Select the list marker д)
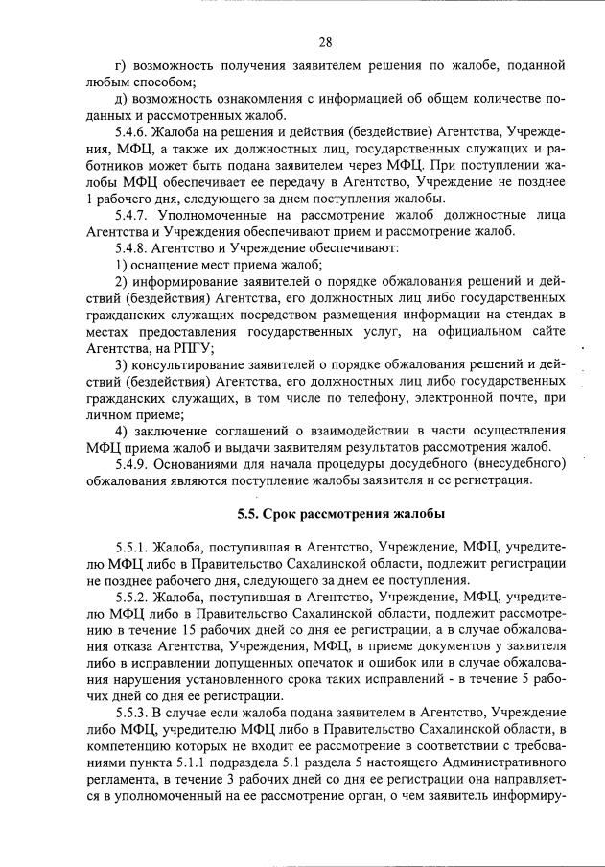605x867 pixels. (121, 100)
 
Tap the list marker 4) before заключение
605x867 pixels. (121, 430)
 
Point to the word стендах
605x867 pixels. (539, 314)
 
